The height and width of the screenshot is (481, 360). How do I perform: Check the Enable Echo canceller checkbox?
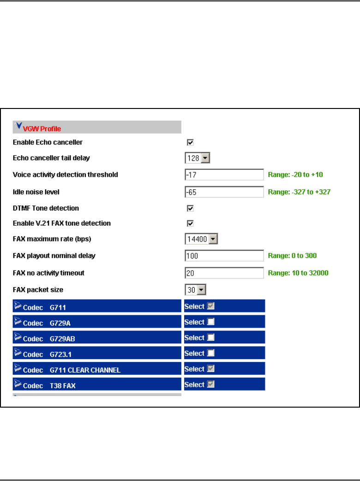[190, 143]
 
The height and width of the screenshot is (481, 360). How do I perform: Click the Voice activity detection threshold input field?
[224, 175]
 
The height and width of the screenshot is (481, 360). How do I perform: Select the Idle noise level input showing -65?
[224, 192]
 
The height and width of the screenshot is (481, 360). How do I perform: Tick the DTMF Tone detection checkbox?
[190, 209]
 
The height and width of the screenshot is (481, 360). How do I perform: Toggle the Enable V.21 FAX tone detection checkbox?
[190, 224]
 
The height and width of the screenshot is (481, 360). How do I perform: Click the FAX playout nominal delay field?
[224, 256]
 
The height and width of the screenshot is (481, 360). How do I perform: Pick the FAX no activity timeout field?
[224, 273]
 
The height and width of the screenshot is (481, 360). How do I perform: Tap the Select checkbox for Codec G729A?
[210, 322]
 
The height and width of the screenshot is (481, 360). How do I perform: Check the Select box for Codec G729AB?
[210, 337]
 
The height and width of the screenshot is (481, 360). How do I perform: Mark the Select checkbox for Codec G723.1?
[210, 353]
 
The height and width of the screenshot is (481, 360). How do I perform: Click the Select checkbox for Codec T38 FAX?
[210, 385]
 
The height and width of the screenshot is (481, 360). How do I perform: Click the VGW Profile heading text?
[42, 129]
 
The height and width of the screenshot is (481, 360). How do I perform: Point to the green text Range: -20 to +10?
[295, 175]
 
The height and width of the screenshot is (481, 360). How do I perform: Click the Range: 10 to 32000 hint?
[298, 273]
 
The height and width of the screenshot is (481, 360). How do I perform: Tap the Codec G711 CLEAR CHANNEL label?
[72, 370]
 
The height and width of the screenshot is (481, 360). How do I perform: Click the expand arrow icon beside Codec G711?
[18, 305]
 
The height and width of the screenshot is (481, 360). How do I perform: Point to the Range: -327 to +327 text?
[299, 192]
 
